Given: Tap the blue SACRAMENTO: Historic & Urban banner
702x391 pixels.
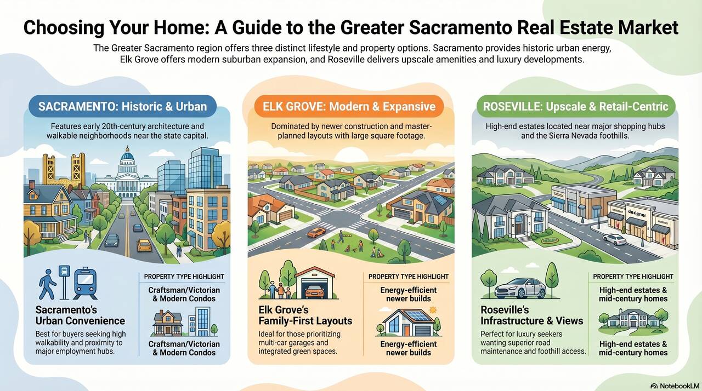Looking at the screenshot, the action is click(122, 106).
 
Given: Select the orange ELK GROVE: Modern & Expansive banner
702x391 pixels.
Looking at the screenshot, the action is click(349, 106).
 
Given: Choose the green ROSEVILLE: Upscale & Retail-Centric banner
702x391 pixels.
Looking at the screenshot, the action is click(576, 106).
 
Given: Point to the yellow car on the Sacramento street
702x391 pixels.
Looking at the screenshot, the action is click(144, 245).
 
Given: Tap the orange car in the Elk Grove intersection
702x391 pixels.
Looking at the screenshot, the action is click(316, 232).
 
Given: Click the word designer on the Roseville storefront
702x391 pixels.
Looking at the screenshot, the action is click(637, 214).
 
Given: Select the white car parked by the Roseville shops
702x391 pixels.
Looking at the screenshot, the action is click(615, 240).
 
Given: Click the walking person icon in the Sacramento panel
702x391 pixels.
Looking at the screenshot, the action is click(47, 284).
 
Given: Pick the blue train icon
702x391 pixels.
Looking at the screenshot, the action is click(85, 284).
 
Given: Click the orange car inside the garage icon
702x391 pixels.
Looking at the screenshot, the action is click(314, 291).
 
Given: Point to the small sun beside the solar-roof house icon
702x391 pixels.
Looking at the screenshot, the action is click(433, 310).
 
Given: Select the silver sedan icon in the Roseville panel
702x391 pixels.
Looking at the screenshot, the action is click(520, 288).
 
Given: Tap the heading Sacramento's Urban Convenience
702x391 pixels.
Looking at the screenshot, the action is click(80, 315).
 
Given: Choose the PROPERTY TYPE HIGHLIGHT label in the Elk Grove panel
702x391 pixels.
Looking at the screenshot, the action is click(409, 277).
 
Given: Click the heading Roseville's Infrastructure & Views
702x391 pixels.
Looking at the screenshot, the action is click(532, 315).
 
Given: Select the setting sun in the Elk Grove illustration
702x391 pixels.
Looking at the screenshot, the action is click(351, 154).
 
